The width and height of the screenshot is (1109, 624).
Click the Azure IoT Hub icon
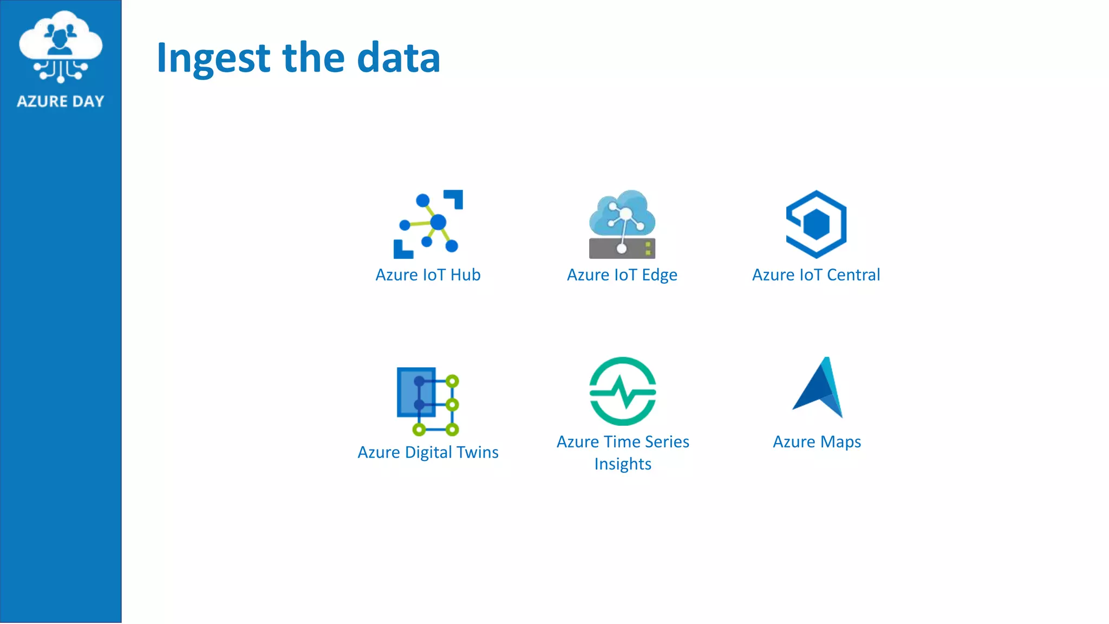click(x=428, y=224)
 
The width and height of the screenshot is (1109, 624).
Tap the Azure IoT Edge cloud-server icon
click(x=622, y=223)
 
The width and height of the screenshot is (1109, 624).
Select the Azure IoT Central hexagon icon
click(x=816, y=224)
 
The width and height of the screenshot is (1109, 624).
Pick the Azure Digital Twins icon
click(x=428, y=401)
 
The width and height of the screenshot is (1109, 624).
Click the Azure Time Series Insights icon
click(x=623, y=391)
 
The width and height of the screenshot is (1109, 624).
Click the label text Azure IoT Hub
click(x=428, y=275)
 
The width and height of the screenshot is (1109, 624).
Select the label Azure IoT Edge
click(x=622, y=275)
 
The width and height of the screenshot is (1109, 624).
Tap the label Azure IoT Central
click(x=816, y=275)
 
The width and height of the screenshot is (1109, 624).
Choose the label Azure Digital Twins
click(x=428, y=452)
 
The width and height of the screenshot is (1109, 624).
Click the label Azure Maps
click(x=817, y=442)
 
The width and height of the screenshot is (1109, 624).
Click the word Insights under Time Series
click(x=623, y=464)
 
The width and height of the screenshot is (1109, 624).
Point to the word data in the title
click(x=399, y=57)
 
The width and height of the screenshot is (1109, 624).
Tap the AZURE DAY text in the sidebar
click(x=60, y=101)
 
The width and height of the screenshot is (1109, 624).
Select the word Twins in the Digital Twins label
click(x=477, y=452)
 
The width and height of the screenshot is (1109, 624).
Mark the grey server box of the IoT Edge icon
click(x=622, y=249)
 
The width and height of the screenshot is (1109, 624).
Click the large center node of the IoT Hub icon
click(x=438, y=222)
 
